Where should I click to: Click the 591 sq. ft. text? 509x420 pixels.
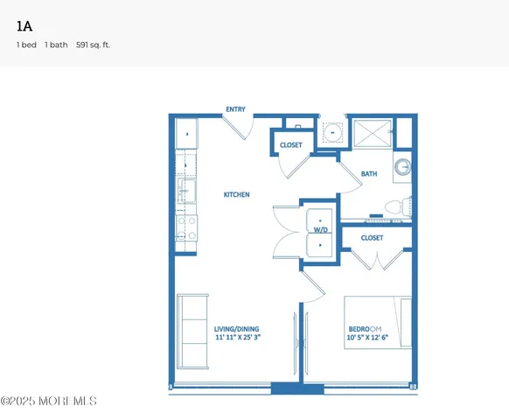[94, 44]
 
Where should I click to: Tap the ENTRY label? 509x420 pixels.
[235, 109]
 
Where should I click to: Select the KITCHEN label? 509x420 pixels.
[237, 194]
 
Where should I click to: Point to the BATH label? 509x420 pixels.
[369, 174]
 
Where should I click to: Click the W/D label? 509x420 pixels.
[320, 230]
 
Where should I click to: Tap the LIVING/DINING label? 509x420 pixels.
[238, 329]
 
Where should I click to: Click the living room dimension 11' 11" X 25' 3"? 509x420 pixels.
[238, 337]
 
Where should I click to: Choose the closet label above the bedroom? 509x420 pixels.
[372, 238]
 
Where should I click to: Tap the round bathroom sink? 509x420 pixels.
[401, 167]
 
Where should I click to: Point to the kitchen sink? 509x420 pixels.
[187, 189]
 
